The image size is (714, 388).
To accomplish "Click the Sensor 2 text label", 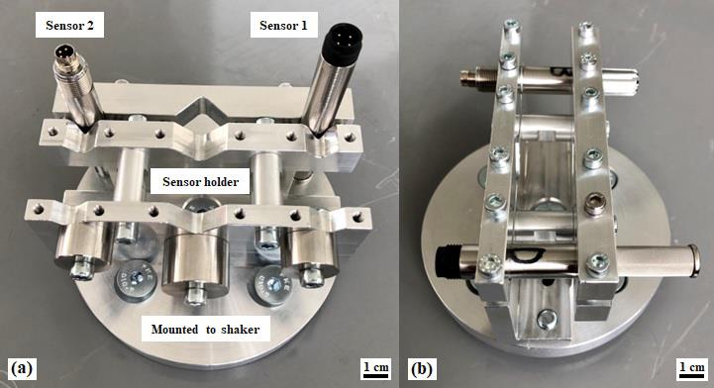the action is (69, 26).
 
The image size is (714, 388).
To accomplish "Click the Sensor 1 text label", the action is (283, 26).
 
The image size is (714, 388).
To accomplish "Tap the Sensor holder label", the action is (200, 182).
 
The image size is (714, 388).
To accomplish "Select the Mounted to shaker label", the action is (205, 330).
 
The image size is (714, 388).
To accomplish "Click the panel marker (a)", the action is (22, 368).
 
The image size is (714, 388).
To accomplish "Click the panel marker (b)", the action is (421, 368).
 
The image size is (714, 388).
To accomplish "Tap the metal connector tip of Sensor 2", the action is (67, 53).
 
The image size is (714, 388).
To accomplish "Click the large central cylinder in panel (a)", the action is (195, 264).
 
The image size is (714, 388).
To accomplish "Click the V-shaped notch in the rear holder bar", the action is (199, 108).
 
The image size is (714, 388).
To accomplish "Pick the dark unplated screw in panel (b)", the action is (595, 204).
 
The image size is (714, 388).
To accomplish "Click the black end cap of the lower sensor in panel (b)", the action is (444, 262).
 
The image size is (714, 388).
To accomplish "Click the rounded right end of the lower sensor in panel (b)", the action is (693, 260).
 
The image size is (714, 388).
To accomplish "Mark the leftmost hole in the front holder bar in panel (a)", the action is (39, 210).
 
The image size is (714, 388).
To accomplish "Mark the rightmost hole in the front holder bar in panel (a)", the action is (358, 217).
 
